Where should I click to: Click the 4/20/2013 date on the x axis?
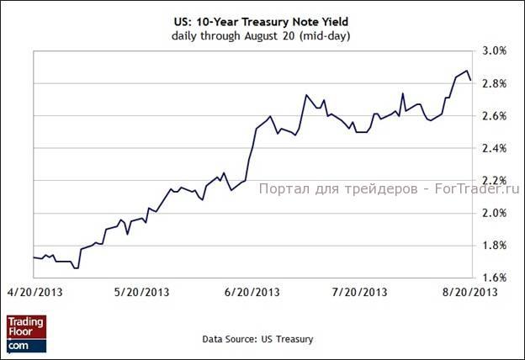pos(34,293)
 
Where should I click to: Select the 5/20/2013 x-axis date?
pos(142,293)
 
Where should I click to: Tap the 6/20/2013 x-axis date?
pos(252,293)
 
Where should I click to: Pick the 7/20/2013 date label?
pos(360,293)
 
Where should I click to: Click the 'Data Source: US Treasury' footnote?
pos(257,339)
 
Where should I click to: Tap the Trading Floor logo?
pos(26,333)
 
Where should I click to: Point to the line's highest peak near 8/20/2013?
pos(466,71)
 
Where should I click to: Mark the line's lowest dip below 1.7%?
pos(76,267)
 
